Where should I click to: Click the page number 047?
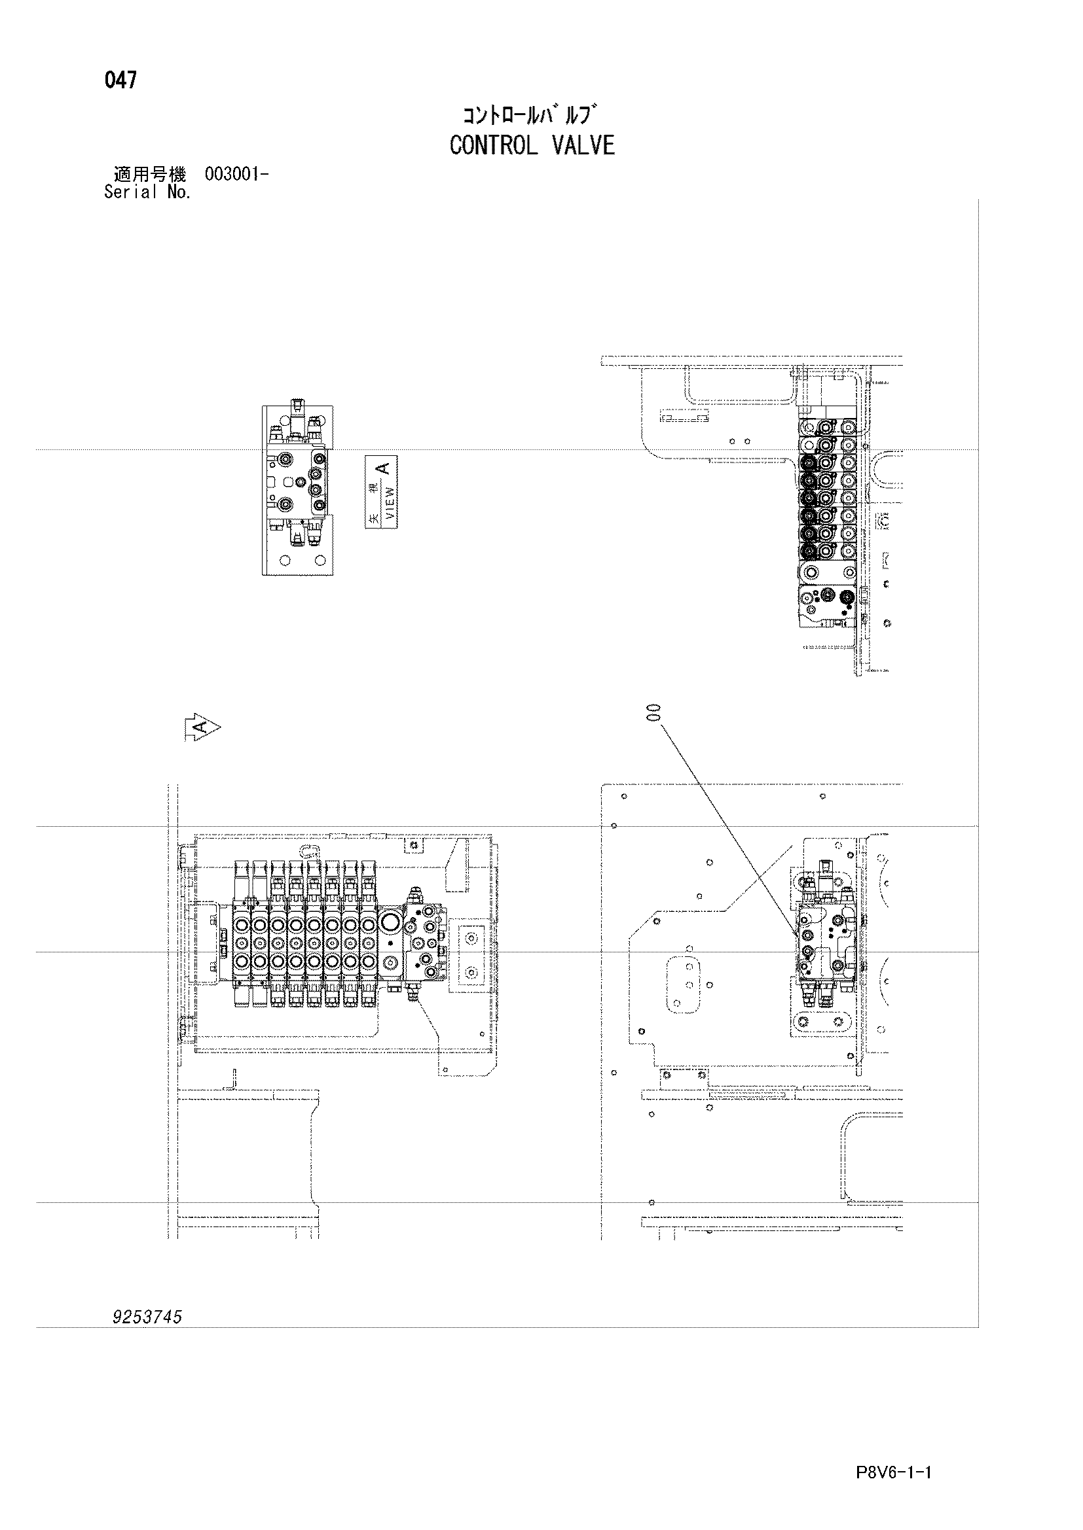[x=120, y=80]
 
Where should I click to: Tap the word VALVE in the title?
[x=583, y=145]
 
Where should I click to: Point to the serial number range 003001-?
[x=237, y=175]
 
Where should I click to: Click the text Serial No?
[x=147, y=192]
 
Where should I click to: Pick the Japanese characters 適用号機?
[x=149, y=175]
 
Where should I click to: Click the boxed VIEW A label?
[x=381, y=492]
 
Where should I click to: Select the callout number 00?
[x=652, y=712]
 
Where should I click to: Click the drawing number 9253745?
[x=147, y=1317]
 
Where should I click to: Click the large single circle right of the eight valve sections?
[x=390, y=923]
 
